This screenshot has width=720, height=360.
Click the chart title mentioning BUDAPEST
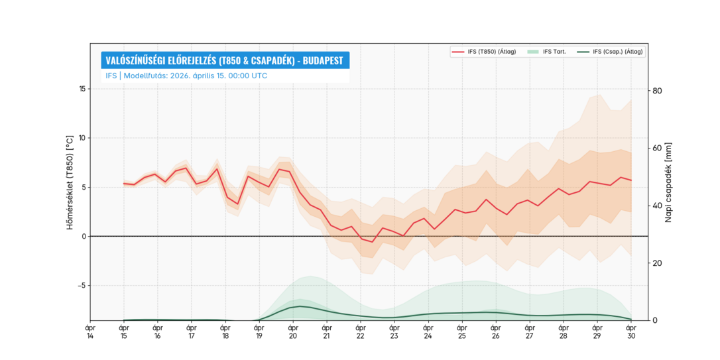(x=225, y=60)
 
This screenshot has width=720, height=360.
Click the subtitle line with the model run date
(x=186, y=76)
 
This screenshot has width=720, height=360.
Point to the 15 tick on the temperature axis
(x=82, y=90)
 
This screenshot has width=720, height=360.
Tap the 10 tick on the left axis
(x=82, y=139)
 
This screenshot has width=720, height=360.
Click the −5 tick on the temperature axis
(x=80, y=286)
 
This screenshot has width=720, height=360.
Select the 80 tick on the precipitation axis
(x=658, y=90)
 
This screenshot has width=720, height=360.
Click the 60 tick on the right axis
(x=658, y=148)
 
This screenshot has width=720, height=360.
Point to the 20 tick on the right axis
(x=658, y=263)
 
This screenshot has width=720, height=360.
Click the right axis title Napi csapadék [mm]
(x=668, y=182)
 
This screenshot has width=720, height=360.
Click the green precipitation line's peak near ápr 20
(x=300, y=306)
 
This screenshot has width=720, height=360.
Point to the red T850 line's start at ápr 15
(x=123, y=183)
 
